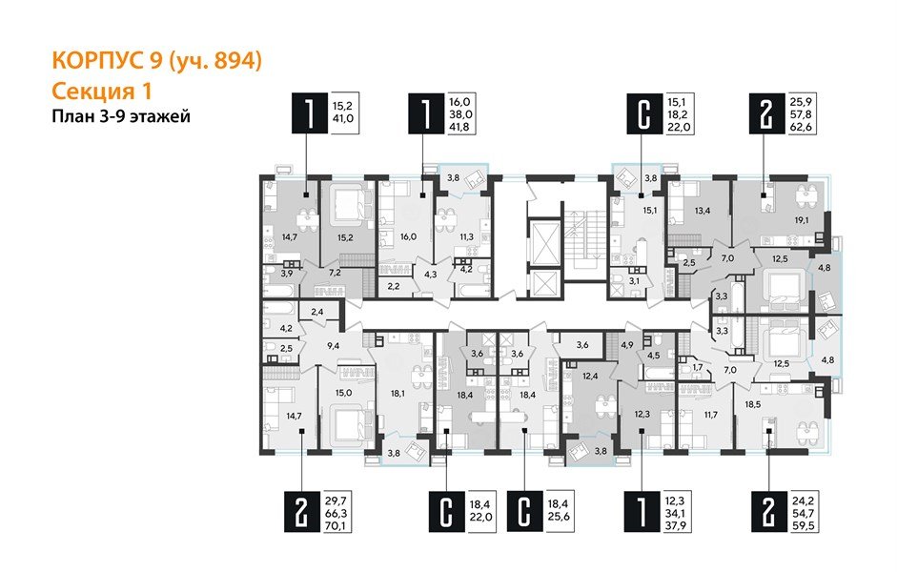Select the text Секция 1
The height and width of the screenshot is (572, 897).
pyautogui.click(x=100, y=91)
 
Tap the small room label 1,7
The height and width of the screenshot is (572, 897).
pyautogui.click(x=697, y=366)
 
